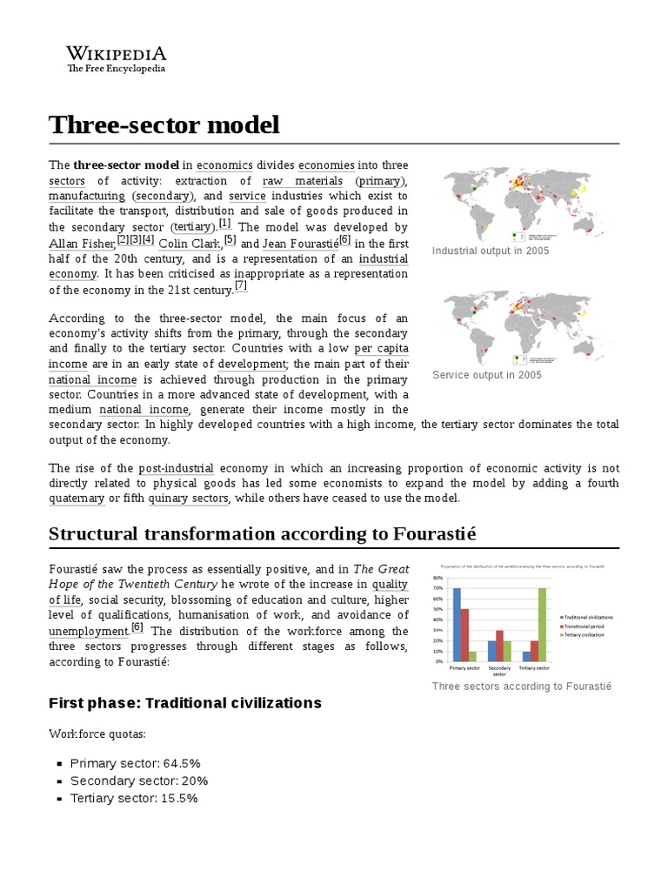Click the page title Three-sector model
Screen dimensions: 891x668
pyautogui.click(x=164, y=124)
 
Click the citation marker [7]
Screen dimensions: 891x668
pyautogui.click(x=241, y=286)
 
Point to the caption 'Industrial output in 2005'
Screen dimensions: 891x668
pyautogui.click(x=490, y=251)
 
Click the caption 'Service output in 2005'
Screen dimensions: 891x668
pyautogui.click(x=486, y=375)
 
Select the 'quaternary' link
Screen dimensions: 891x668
pyautogui.click(x=76, y=498)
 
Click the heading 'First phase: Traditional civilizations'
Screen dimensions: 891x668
pyautogui.click(x=184, y=702)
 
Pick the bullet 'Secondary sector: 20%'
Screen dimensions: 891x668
pyautogui.click(x=139, y=780)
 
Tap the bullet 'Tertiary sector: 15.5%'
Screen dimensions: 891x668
pyautogui.click(x=134, y=797)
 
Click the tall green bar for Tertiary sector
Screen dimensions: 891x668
pyautogui.click(x=543, y=626)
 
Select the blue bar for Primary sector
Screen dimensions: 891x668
pyautogui.click(x=457, y=626)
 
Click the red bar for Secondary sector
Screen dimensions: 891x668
pyautogui.click(x=499, y=647)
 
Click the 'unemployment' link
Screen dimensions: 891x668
pyautogui.click(x=89, y=631)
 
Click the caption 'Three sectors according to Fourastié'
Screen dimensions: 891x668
pyautogui.click(x=521, y=687)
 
